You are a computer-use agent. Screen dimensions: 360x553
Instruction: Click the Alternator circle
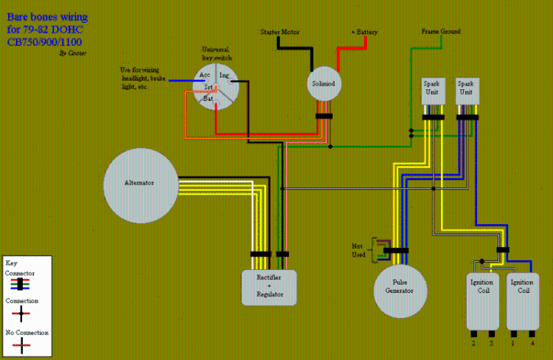pyautogui.click(x=141, y=182)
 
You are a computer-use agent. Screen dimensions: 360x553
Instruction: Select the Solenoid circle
pyautogui.click(x=324, y=83)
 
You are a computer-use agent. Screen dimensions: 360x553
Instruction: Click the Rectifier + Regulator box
pyautogui.click(x=269, y=287)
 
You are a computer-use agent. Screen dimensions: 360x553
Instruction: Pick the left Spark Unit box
pyautogui.click(x=431, y=92)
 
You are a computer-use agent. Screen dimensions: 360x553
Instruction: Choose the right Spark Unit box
pyautogui.click(x=466, y=92)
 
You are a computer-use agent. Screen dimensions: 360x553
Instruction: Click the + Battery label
pyautogui.click(x=365, y=32)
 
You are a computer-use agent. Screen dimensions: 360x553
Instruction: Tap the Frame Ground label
pyautogui.click(x=441, y=32)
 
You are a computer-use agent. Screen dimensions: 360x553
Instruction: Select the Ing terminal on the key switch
pyautogui.click(x=224, y=75)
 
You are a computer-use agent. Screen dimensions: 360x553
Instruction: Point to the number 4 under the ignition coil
pyautogui.click(x=532, y=343)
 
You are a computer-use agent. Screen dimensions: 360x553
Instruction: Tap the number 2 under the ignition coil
pyautogui.click(x=473, y=343)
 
